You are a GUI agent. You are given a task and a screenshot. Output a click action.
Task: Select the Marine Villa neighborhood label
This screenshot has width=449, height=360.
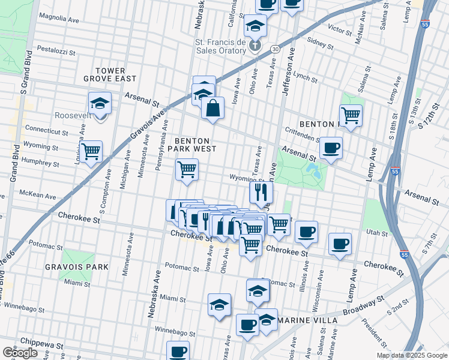pyautogui.click(x=307, y=320)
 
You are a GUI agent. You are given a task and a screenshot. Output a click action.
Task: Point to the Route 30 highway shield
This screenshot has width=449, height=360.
pyautogui.click(x=274, y=48)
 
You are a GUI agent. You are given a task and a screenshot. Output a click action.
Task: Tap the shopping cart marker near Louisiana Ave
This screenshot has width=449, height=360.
pyautogui.click(x=91, y=152)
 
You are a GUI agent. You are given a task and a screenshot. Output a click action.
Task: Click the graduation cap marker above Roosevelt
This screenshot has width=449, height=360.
pyautogui.click(x=100, y=103)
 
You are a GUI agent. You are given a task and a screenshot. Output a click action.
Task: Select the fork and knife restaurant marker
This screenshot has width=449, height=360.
pyautogui.click(x=261, y=192)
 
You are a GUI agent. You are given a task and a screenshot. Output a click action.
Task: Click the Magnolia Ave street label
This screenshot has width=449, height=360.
pyautogui.click(x=58, y=19)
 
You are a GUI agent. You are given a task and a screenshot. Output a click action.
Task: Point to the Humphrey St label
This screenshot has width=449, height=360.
pyautogui.click(x=40, y=161)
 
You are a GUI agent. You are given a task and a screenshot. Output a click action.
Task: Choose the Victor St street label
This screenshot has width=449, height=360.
pyautogui.click(x=339, y=29)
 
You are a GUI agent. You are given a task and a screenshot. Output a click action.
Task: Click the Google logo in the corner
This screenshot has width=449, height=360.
pyautogui.click(x=20, y=353)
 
